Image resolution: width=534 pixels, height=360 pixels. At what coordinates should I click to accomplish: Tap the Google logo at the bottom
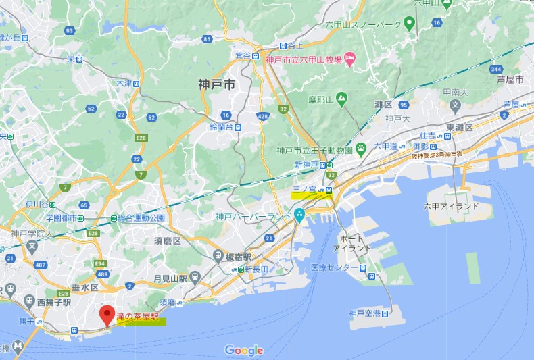tap(244, 350)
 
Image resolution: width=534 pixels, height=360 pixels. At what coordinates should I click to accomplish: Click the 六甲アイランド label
tap(452, 207)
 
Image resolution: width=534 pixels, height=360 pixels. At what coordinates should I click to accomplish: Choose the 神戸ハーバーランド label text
tap(253, 217)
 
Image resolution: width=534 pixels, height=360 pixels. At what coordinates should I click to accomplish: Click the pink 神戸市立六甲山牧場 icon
tap(350, 60)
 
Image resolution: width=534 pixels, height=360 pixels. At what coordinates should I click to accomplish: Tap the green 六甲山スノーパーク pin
tap(409, 26)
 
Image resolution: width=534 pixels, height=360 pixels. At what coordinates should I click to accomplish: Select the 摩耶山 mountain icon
tap(342, 99)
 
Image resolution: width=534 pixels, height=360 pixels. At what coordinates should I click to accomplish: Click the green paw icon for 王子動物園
tap(362, 147)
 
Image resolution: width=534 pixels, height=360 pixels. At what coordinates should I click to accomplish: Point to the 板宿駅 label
tap(239, 257)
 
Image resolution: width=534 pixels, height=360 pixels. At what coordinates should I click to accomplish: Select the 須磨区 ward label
tap(167, 240)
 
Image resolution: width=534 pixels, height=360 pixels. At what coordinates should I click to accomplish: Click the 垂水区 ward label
tap(86, 286)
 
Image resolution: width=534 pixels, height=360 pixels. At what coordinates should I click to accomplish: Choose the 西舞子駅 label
tap(54, 303)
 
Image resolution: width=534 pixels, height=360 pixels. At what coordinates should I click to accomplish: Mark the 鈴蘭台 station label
tap(222, 126)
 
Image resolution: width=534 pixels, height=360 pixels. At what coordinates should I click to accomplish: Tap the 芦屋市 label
tap(510, 79)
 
